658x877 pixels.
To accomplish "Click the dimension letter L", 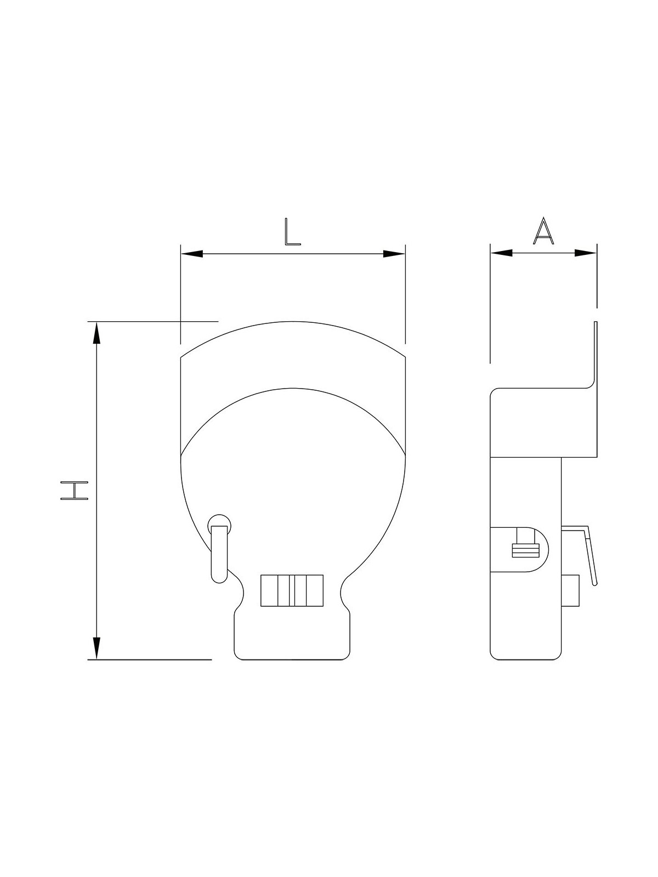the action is click(x=292, y=232).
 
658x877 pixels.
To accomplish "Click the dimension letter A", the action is click(x=543, y=231).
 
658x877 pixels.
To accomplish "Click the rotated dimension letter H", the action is click(x=74, y=491).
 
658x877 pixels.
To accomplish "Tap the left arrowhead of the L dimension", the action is click(x=192, y=254).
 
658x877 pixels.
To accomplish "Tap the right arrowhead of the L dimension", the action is click(x=394, y=254).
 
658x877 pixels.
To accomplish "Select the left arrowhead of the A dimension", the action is click(x=501, y=253).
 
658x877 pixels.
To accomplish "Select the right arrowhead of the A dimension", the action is click(x=586, y=253).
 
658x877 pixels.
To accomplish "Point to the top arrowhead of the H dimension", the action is click(x=97, y=332).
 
